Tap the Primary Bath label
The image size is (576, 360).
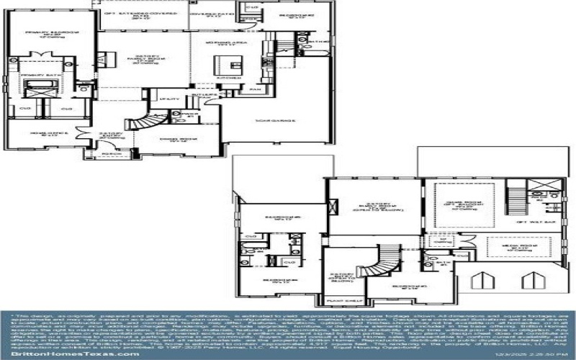[x=32, y=74]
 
